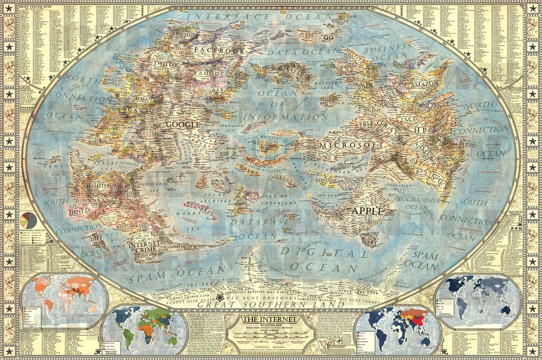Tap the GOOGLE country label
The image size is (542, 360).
(x=182, y=125)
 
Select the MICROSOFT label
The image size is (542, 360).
(x=351, y=145)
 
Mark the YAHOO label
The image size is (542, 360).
(x=208, y=73)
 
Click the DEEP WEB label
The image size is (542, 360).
(x=99, y=238)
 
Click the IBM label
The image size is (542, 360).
(x=366, y=124)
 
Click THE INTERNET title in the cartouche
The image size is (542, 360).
(x=268, y=320)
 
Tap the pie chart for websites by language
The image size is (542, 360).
(x=28, y=219)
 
